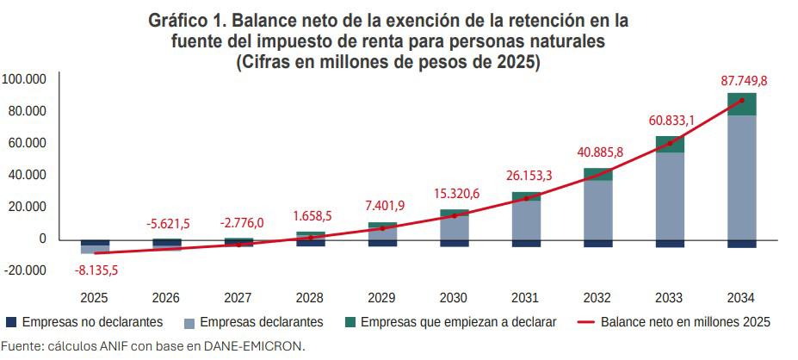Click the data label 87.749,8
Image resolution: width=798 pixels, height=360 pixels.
744,81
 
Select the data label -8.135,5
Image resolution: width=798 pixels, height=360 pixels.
96,270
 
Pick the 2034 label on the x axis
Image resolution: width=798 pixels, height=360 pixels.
741,298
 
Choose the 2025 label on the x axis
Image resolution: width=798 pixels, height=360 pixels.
95,298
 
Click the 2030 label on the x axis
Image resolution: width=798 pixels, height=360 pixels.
454,298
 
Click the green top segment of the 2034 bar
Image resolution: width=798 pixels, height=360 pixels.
741,104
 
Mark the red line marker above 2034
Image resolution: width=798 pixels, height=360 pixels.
742,100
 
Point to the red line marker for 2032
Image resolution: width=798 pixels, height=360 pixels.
598,175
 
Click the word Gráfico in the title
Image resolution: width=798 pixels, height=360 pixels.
178,20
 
